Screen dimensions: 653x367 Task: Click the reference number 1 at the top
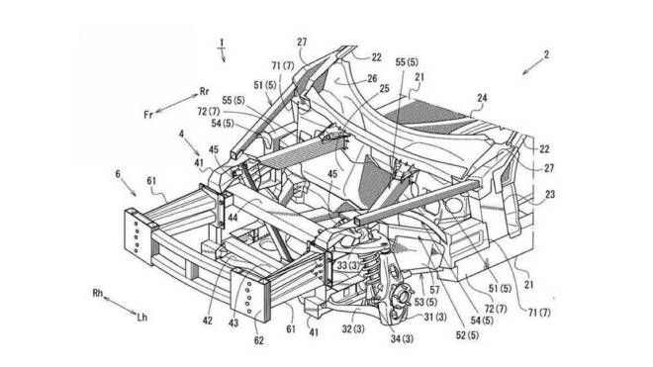pyautogui.click(x=222, y=43)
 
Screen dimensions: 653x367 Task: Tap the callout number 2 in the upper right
pyautogui.click(x=546, y=54)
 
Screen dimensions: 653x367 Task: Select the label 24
pyautogui.click(x=482, y=98)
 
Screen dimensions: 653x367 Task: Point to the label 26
pyautogui.click(x=372, y=79)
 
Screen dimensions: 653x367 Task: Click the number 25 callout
pyautogui.click(x=384, y=88)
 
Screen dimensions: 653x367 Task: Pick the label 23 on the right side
pyautogui.click(x=550, y=195)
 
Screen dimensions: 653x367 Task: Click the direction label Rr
pyautogui.click(x=204, y=91)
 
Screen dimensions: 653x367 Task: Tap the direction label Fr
pyautogui.click(x=148, y=114)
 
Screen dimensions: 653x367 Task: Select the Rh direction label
pyautogui.click(x=97, y=293)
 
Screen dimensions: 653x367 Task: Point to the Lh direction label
pyautogui.click(x=142, y=318)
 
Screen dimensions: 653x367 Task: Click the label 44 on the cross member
pyautogui.click(x=233, y=217)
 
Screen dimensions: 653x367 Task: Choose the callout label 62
pyautogui.click(x=258, y=340)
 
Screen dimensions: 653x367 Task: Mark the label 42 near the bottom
pyautogui.click(x=208, y=321)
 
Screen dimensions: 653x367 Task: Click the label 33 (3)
pyautogui.click(x=347, y=265)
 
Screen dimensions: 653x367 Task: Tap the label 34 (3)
pyautogui.click(x=402, y=338)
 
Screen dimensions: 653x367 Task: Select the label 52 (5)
pyautogui.click(x=467, y=334)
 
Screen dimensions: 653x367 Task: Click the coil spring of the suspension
pyautogui.click(x=370, y=267)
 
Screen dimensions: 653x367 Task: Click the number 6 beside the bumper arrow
pyautogui.click(x=118, y=173)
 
